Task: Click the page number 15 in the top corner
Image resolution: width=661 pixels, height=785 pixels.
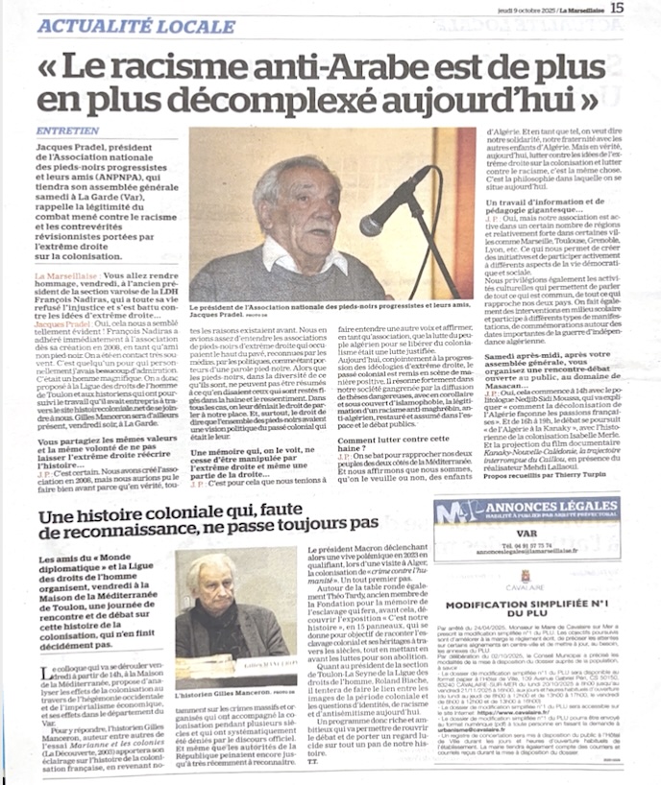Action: point(643,9)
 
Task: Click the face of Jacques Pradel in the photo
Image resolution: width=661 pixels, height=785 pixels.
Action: point(295,205)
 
